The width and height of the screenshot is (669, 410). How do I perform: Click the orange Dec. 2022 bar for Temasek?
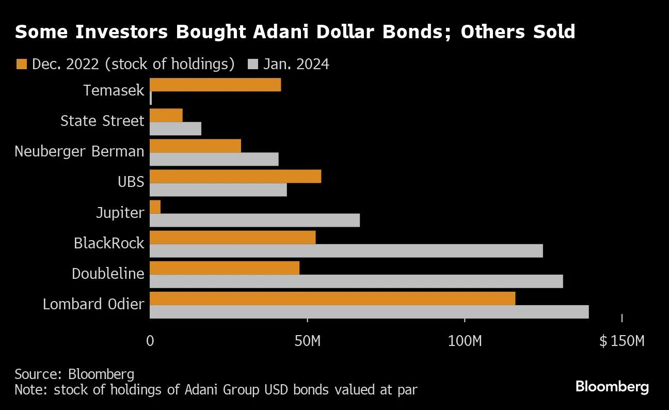click(x=215, y=85)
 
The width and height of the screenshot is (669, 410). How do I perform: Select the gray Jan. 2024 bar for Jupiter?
click(x=254, y=220)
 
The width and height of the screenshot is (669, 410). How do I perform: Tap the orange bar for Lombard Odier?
click(x=332, y=298)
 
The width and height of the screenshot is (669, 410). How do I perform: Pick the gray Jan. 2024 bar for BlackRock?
click(x=346, y=251)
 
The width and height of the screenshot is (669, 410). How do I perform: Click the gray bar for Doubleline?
click(x=356, y=281)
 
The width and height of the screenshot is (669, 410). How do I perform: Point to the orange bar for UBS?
click(x=235, y=176)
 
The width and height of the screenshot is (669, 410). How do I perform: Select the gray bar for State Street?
click(x=176, y=129)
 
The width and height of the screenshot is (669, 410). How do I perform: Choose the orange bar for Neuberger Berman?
click(x=195, y=146)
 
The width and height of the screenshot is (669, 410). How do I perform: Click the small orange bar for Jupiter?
click(x=155, y=207)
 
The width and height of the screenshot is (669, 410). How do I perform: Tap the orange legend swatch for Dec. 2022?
click(x=21, y=64)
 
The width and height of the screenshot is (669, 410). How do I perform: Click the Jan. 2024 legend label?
click(x=296, y=64)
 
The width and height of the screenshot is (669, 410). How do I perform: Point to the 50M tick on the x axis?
click(x=308, y=341)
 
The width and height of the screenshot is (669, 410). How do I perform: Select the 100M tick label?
click(x=465, y=341)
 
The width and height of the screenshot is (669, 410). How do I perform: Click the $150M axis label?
click(x=622, y=341)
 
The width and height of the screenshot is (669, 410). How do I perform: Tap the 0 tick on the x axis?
click(x=150, y=341)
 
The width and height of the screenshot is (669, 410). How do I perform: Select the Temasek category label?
click(x=114, y=91)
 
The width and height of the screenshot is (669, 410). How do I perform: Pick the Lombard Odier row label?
click(x=93, y=304)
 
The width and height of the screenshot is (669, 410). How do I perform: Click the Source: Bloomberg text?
click(x=74, y=374)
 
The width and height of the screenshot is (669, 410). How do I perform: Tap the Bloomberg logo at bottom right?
click(x=612, y=387)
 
